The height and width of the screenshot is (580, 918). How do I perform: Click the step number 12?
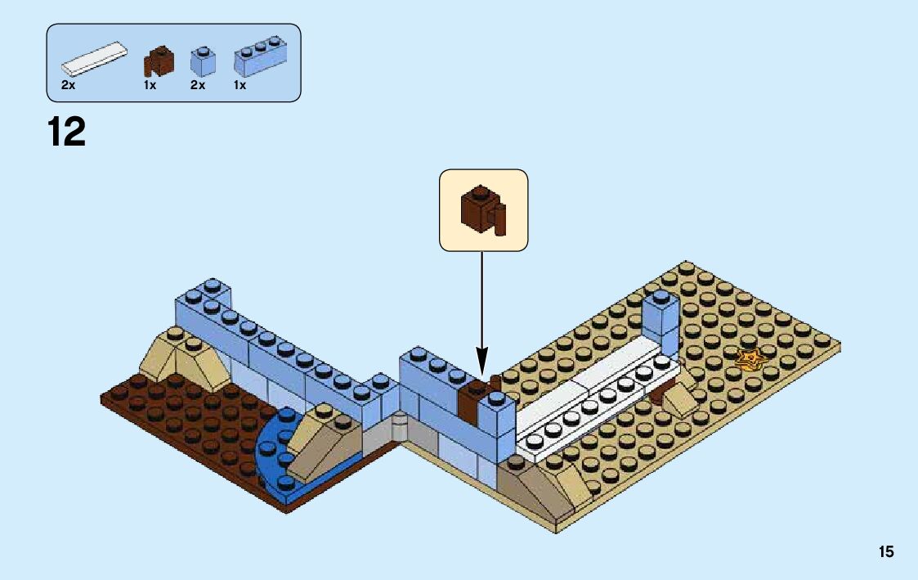pos(67,133)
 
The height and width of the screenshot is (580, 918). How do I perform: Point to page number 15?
pos(886,552)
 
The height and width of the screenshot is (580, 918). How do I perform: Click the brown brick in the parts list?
pos(159,61)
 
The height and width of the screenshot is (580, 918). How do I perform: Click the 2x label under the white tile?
pos(68,85)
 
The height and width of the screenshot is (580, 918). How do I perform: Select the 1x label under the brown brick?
pos(150,85)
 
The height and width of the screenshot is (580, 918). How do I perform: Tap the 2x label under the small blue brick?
pos(198,85)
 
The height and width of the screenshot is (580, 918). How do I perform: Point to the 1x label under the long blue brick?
pos(240,85)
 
